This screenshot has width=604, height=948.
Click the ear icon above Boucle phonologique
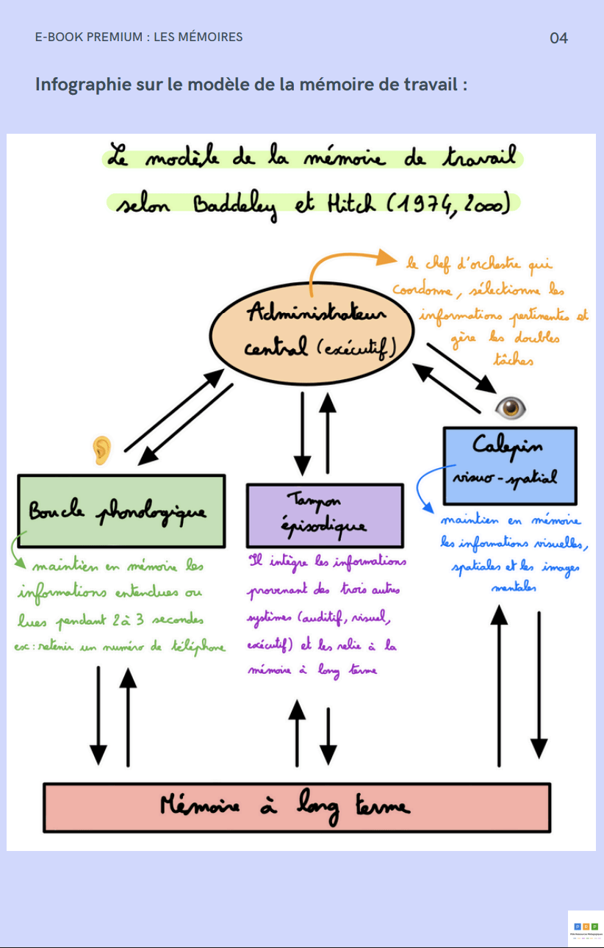pos(101,450)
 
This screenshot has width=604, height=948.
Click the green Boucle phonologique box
pos(121,511)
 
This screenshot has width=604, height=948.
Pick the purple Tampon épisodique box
pos(324,515)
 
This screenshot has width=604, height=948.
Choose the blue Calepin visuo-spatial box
pos(509,464)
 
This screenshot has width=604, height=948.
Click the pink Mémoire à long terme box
pos(297,807)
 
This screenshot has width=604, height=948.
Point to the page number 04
pos(558,38)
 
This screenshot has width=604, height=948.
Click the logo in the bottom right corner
pos(586,928)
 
